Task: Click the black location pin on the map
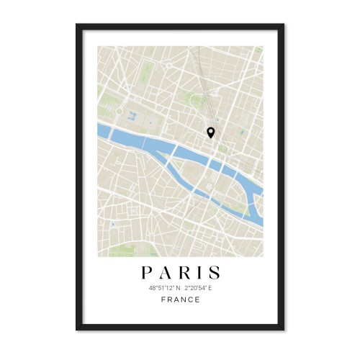click(210, 132)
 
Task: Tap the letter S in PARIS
click(215, 274)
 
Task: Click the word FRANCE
click(180, 300)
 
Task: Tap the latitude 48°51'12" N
click(161, 288)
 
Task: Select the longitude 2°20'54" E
click(199, 288)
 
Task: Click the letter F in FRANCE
click(163, 300)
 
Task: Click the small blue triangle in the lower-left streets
click(112, 224)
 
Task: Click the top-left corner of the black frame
click(77, 25)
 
